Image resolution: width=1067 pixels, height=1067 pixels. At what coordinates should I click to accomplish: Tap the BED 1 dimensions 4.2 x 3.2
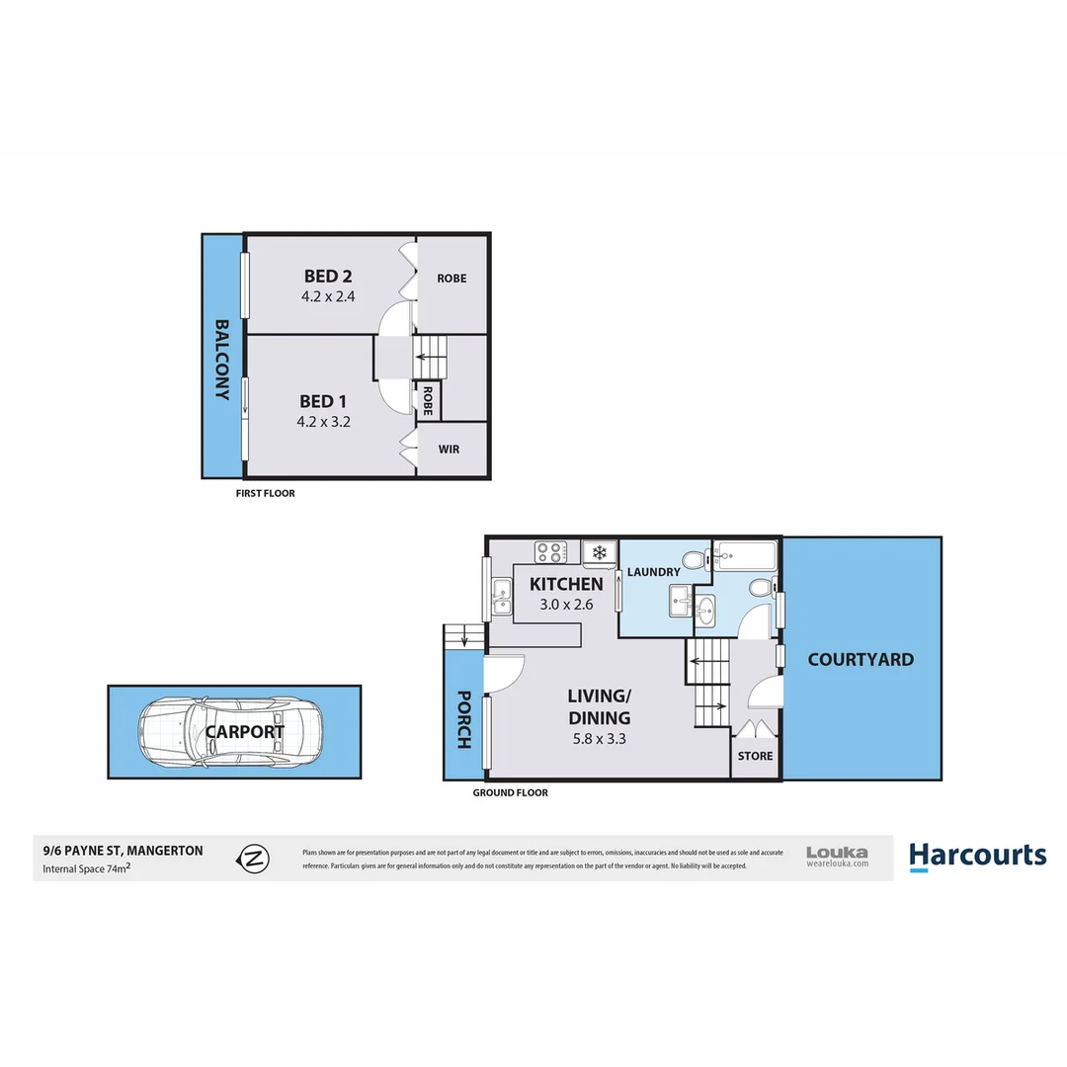[x=325, y=421]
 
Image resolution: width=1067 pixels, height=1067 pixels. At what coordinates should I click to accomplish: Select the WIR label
[x=449, y=450]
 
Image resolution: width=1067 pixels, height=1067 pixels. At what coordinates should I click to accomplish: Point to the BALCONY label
[x=222, y=361]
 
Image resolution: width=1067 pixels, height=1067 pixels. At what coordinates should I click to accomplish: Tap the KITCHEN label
[x=566, y=584]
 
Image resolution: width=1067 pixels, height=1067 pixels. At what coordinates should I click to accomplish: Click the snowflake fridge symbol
[x=598, y=552]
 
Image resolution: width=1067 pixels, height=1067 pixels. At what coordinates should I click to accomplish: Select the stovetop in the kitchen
[x=549, y=552]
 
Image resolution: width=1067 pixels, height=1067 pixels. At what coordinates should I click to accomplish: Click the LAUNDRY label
[x=652, y=572]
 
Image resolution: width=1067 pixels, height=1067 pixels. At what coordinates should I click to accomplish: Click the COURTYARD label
[x=861, y=659]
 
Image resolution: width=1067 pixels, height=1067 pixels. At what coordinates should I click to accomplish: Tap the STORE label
[x=756, y=756]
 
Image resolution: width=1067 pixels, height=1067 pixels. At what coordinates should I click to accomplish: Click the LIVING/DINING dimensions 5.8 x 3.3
[x=598, y=738]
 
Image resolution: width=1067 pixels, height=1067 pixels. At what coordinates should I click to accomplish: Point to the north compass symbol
[x=255, y=858]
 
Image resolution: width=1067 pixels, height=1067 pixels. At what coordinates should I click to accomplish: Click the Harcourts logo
[x=977, y=856]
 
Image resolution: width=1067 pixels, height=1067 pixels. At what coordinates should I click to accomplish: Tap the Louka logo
[x=837, y=856]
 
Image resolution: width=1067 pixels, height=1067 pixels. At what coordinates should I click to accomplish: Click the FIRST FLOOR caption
[x=265, y=493]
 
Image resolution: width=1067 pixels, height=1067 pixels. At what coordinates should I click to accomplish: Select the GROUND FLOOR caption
[x=510, y=792]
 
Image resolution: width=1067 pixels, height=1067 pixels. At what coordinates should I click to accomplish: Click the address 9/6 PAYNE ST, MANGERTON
[x=123, y=850]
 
